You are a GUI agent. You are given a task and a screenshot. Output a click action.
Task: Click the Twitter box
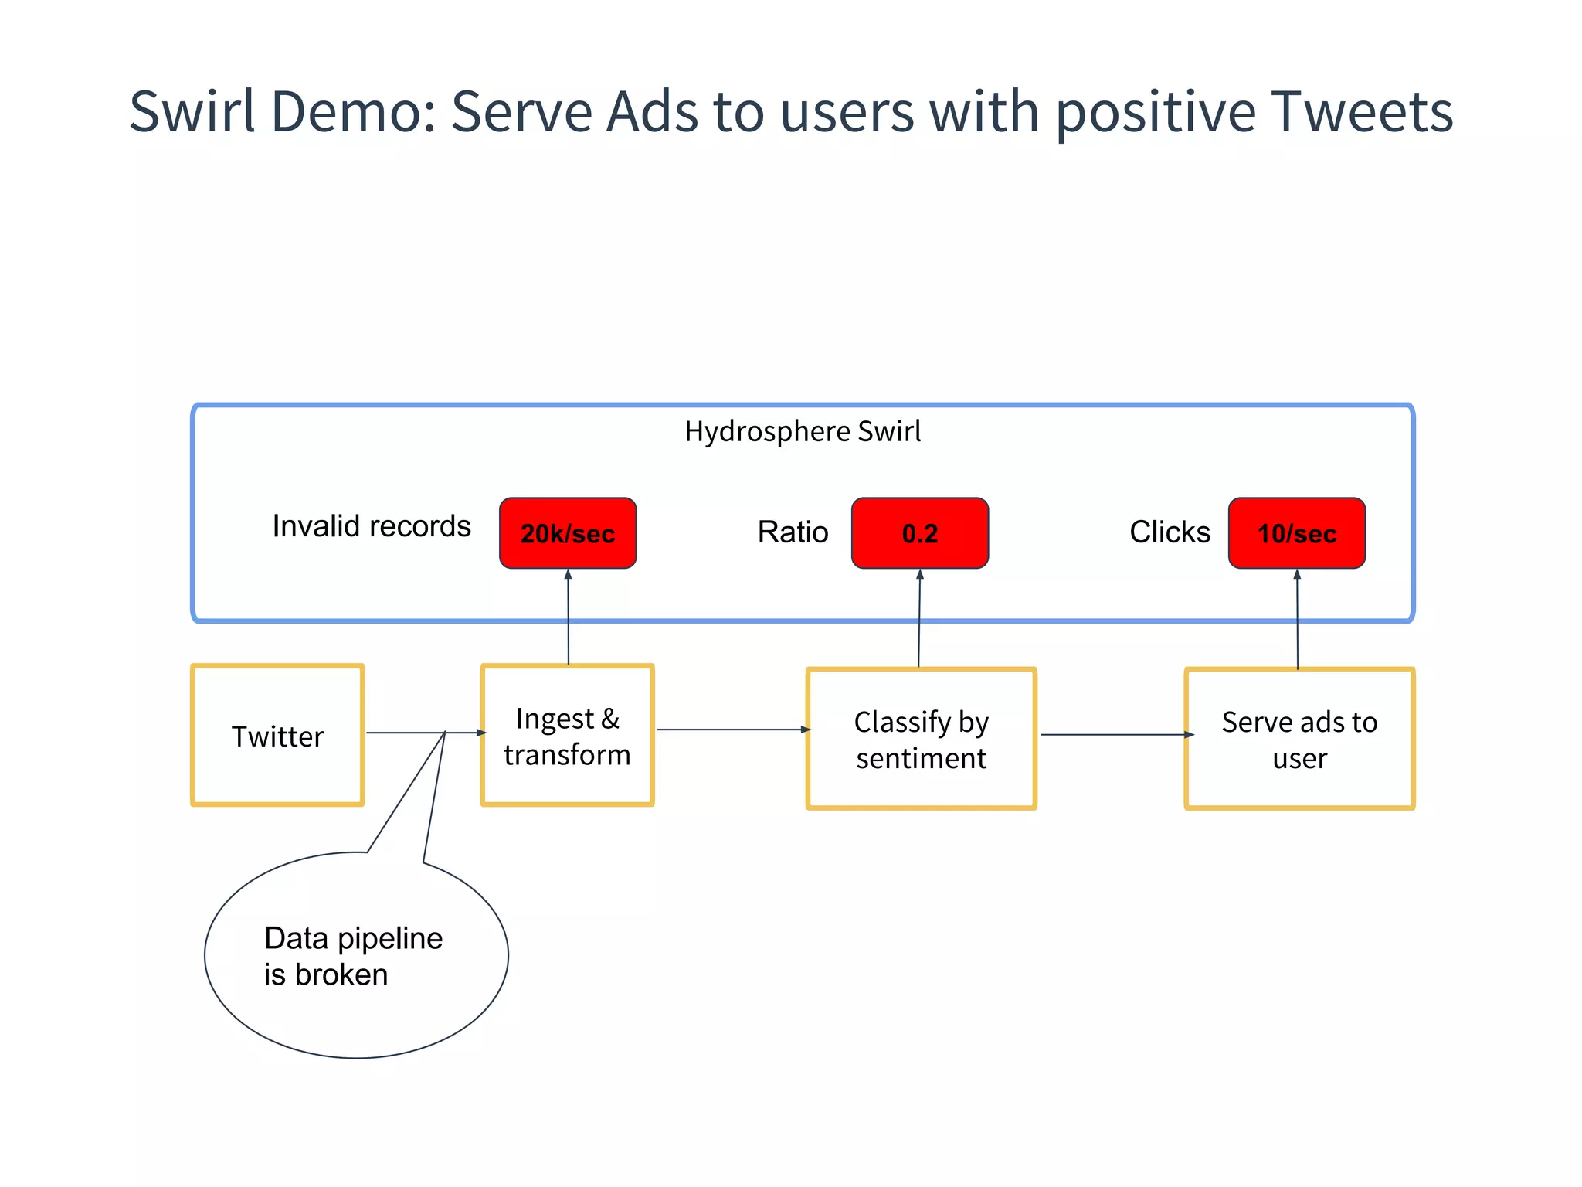click(277, 735)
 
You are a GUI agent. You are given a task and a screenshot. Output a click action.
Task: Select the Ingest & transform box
click(567, 735)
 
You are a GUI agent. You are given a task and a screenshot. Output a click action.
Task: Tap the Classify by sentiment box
click(921, 739)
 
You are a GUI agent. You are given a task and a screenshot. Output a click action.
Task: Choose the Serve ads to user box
click(1299, 739)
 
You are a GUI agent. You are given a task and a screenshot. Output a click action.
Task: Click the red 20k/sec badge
click(568, 533)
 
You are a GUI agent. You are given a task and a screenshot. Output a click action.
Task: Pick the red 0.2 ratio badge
click(919, 533)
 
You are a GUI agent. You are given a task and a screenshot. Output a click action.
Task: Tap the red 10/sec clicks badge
click(1296, 533)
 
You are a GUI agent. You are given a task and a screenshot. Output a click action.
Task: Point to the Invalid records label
click(372, 526)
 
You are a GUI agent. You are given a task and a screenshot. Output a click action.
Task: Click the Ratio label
click(793, 532)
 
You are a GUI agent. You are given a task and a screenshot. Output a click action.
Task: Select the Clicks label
click(1170, 532)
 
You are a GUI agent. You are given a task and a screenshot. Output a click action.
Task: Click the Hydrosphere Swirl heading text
click(803, 431)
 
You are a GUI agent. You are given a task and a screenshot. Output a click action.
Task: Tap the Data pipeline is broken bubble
click(355, 956)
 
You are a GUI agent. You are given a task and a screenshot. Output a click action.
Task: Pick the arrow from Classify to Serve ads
click(1116, 735)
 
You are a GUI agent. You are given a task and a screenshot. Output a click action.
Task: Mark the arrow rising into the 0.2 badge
click(919, 618)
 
